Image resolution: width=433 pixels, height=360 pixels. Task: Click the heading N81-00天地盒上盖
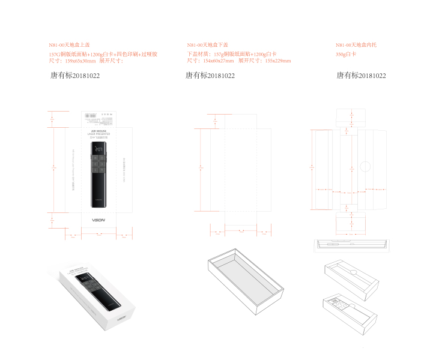[x=70, y=45]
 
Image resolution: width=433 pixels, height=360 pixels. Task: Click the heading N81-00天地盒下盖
[x=208, y=45]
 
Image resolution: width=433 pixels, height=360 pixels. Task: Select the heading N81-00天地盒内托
[x=356, y=45]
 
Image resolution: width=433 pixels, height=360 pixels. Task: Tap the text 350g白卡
[x=346, y=54]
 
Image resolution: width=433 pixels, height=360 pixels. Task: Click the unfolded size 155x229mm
[x=277, y=61]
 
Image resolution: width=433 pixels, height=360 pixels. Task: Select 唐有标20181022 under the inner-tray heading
[x=361, y=76]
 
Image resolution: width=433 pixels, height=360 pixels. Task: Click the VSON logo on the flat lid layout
[x=98, y=220]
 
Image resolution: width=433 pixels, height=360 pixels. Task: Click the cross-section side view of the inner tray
[x=351, y=245]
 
